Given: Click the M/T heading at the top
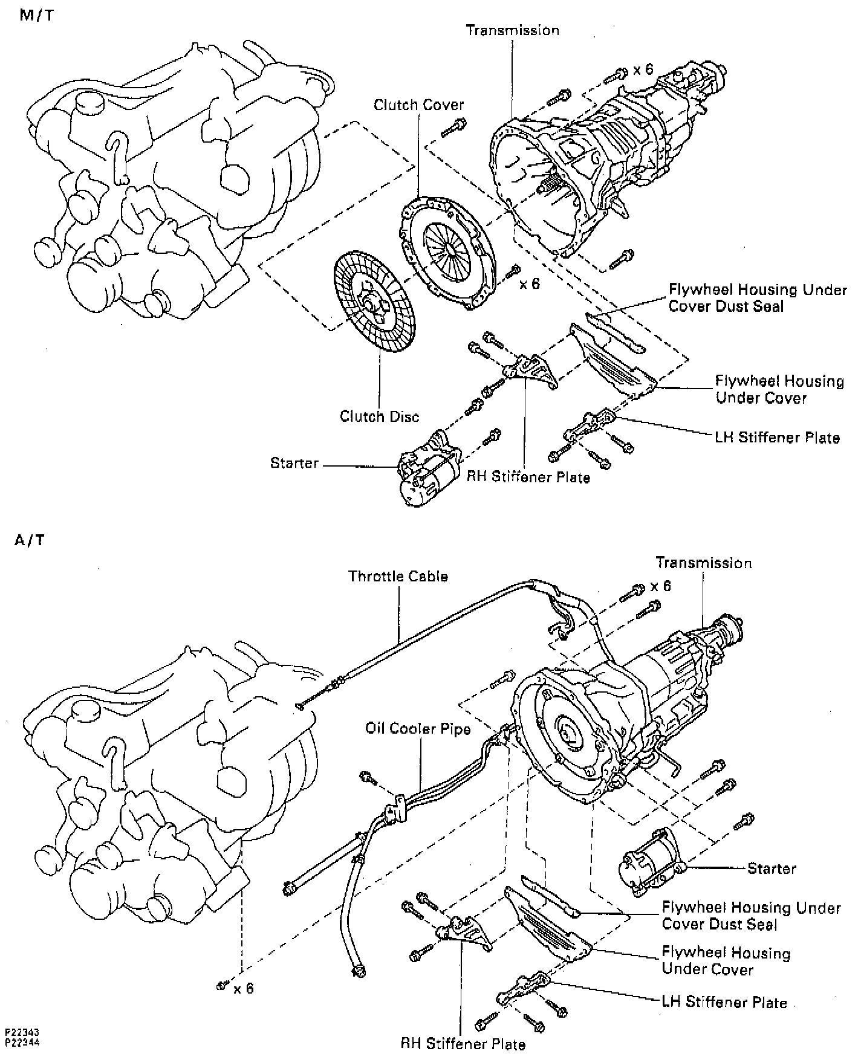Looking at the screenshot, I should [36, 16].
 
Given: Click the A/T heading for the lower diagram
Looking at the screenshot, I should [30, 540].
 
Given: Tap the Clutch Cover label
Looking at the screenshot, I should [418, 105].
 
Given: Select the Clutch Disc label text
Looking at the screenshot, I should [379, 416].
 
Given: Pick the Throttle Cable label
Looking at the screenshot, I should [398, 577].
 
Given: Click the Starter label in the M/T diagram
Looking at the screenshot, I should [294, 464].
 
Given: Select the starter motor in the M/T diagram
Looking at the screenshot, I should [427, 469].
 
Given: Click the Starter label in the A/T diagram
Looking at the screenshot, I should [772, 868].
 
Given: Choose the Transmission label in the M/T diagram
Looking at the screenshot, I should [513, 30].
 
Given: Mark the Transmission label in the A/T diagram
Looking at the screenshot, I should [704, 563].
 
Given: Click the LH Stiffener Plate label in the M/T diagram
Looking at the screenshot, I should [777, 438].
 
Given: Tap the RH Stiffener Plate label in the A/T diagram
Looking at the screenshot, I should [463, 1044].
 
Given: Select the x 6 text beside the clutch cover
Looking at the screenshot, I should [530, 283].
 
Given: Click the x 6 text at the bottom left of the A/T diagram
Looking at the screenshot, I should [244, 988].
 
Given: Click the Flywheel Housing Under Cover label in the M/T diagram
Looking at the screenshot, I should [779, 390].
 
